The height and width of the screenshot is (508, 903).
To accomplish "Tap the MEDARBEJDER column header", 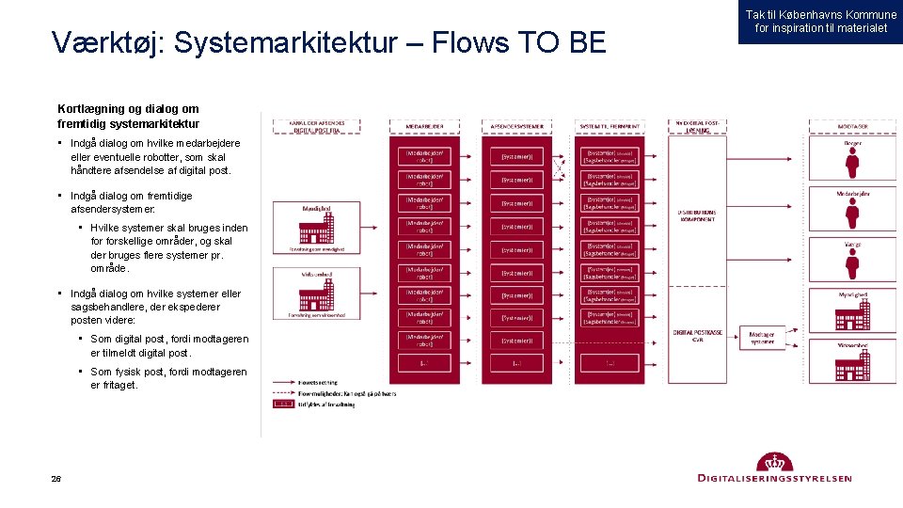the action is click(425, 125).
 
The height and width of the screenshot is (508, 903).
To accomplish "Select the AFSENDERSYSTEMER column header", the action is click(516, 125).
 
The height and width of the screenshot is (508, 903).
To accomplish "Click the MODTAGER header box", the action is click(852, 125).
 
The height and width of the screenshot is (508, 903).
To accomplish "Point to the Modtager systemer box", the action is click(762, 337).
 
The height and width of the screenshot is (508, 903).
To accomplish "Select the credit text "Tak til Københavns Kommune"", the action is click(821, 15).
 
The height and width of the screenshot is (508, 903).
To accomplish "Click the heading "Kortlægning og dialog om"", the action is click(128, 109).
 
